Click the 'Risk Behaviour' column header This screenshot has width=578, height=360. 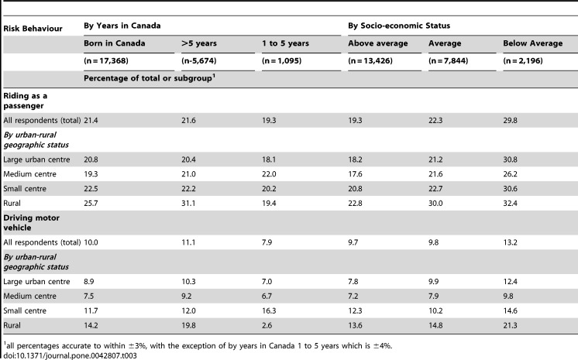coord(33,29)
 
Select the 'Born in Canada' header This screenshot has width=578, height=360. coord(114,43)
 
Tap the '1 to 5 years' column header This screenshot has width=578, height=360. coord(285,43)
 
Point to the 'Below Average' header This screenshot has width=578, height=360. coord(532,43)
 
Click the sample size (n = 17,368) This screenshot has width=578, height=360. coord(106,60)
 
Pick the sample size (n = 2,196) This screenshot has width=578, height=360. coord(523,60)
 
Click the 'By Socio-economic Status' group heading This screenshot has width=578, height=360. coord(399,26)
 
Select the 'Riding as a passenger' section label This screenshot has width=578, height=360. coord(25,101)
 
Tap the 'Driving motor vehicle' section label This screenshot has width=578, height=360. coord(31,222)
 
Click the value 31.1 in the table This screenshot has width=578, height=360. coord(188,203)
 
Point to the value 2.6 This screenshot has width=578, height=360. coord(267,325)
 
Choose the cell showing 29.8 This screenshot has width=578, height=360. coord(510,120)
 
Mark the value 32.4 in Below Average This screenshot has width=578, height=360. coord(510,203)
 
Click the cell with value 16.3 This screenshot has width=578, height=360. coord(269,310)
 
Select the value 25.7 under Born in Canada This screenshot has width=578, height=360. coord(91,203)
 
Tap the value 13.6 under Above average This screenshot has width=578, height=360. coord(355,325)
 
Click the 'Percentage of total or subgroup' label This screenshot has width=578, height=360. coord(150,77)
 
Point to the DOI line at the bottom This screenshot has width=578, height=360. coord(70,355)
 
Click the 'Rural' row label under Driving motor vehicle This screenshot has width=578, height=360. coord(12,325)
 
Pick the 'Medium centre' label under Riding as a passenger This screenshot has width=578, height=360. coord(30,174)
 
